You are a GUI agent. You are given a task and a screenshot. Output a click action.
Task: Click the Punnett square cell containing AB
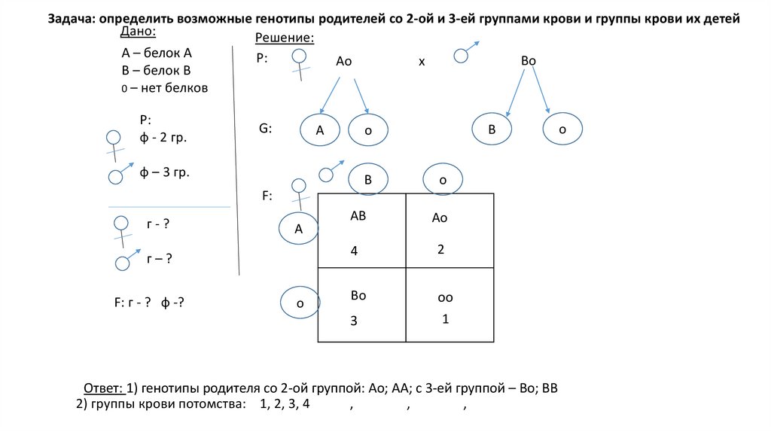tap(362, 230)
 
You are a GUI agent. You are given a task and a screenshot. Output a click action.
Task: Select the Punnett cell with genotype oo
tap(449, 305)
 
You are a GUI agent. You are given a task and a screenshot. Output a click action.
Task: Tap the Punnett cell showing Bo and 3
tap(362, 305)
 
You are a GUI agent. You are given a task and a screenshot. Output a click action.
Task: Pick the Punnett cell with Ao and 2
tap(449, 230)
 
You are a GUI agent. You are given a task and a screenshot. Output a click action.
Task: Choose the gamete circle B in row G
tap(492, 129)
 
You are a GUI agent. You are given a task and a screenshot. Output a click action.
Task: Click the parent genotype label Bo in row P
tap(528, 62)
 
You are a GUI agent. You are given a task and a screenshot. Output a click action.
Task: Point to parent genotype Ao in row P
tap(344, 62)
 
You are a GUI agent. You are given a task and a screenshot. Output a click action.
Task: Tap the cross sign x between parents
tap(422, 62)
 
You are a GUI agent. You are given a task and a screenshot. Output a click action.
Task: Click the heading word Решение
tap(284, 38)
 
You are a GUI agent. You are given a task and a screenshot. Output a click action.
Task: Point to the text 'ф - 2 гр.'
tap(163, 138)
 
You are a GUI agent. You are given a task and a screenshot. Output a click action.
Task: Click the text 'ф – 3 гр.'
tap(164, 172)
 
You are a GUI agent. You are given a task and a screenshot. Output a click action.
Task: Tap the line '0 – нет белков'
tap(164, 88)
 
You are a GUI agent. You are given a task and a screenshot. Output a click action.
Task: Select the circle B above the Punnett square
tap(368, 180)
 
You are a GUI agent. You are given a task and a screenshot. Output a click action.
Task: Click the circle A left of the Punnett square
tap(298, 230)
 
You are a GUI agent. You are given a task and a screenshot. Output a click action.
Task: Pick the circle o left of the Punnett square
tap(299, 304)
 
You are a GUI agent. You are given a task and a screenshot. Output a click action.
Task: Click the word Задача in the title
tap(72, 20)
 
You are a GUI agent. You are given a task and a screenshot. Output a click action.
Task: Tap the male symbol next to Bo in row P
tap(464, 53)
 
